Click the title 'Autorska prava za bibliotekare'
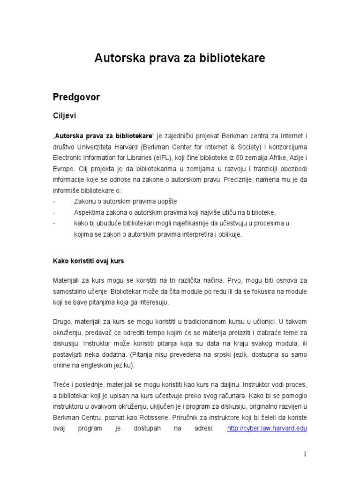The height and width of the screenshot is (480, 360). [180, 58]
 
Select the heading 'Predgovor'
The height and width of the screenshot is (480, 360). [76, 97]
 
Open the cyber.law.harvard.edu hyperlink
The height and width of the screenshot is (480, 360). [267, 428]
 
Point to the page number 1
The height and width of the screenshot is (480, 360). [305, 454]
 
